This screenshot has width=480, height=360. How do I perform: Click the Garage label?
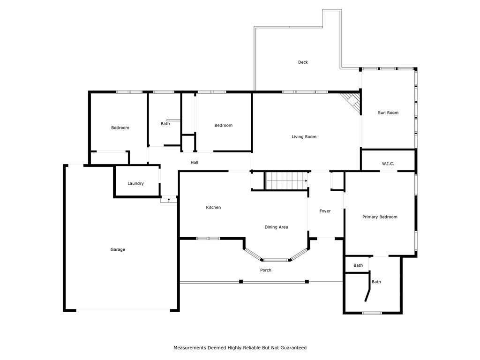[118, 249]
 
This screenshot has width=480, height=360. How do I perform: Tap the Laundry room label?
[135, 183]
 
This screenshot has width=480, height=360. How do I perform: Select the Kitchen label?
[213, 207]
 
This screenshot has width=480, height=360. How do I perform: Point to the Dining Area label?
[276, 227]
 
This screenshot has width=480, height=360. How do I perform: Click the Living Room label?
[304, 136]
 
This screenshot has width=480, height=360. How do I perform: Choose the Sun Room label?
[388, 112]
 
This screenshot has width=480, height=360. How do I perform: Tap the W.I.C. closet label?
[388, 164]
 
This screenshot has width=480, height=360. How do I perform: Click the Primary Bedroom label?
[380, 217]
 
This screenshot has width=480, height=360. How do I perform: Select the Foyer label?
[325, 211]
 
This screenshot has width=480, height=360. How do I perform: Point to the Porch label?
[266, 270]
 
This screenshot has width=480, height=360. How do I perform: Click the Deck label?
[303, 62]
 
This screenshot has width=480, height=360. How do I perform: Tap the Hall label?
[195, 163]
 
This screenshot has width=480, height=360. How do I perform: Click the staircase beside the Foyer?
[286, 181]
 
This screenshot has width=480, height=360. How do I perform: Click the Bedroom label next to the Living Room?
[224, 125]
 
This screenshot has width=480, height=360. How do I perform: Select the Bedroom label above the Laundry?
[120, 127]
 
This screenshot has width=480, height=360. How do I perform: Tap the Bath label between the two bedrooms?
[165, 124]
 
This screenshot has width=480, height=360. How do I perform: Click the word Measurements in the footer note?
[190, 348]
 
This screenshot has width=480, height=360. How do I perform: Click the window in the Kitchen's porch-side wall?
[208, 238]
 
